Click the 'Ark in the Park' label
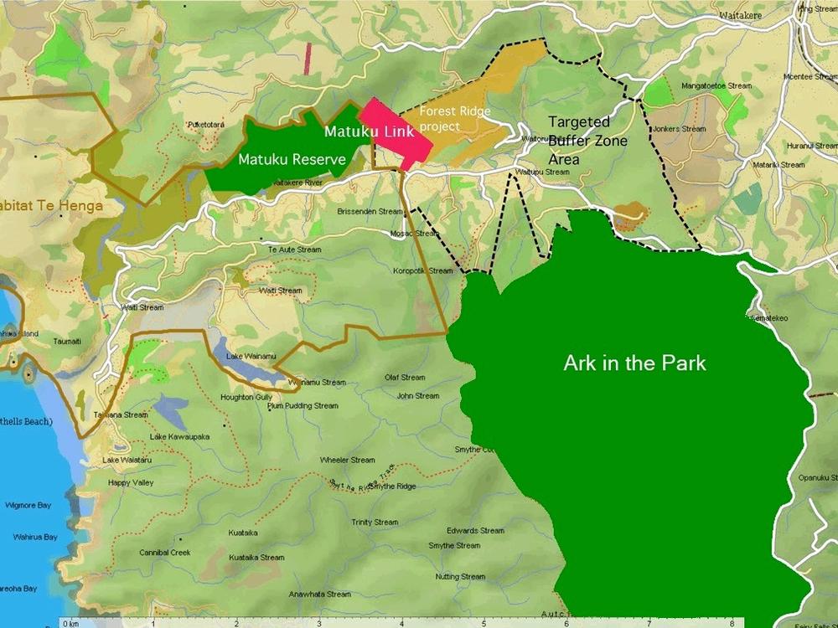[x=634, y=363]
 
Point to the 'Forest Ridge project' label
[x=454, y=118]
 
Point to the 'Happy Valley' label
[x=131, y=483]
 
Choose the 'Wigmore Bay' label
[x=34, y=506]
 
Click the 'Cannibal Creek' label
[x=165, y=553]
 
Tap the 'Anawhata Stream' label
[x=319, y=595]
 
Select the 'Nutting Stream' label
[x=460, y=577]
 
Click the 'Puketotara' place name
[x=205, y=125]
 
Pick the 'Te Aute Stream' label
[x=294, y=250]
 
